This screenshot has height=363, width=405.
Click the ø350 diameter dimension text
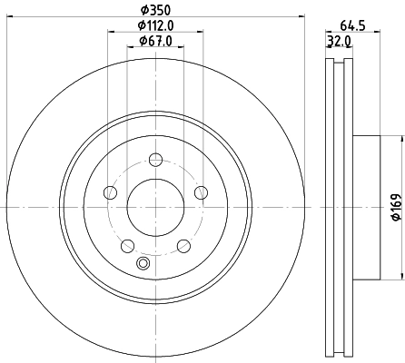pos(155,10)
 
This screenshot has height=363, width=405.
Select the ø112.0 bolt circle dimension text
pos(155,25)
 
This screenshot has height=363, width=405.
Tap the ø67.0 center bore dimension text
pos(155,41)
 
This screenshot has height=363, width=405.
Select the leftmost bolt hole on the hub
pos(111,192)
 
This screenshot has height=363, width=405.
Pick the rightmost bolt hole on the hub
pos(200,192)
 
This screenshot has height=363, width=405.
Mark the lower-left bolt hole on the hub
pos(127,245)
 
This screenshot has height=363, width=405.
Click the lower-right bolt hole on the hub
pos(183,245)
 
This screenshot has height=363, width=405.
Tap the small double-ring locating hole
pos(142,264)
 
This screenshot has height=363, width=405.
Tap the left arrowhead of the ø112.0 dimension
pos(112,32)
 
